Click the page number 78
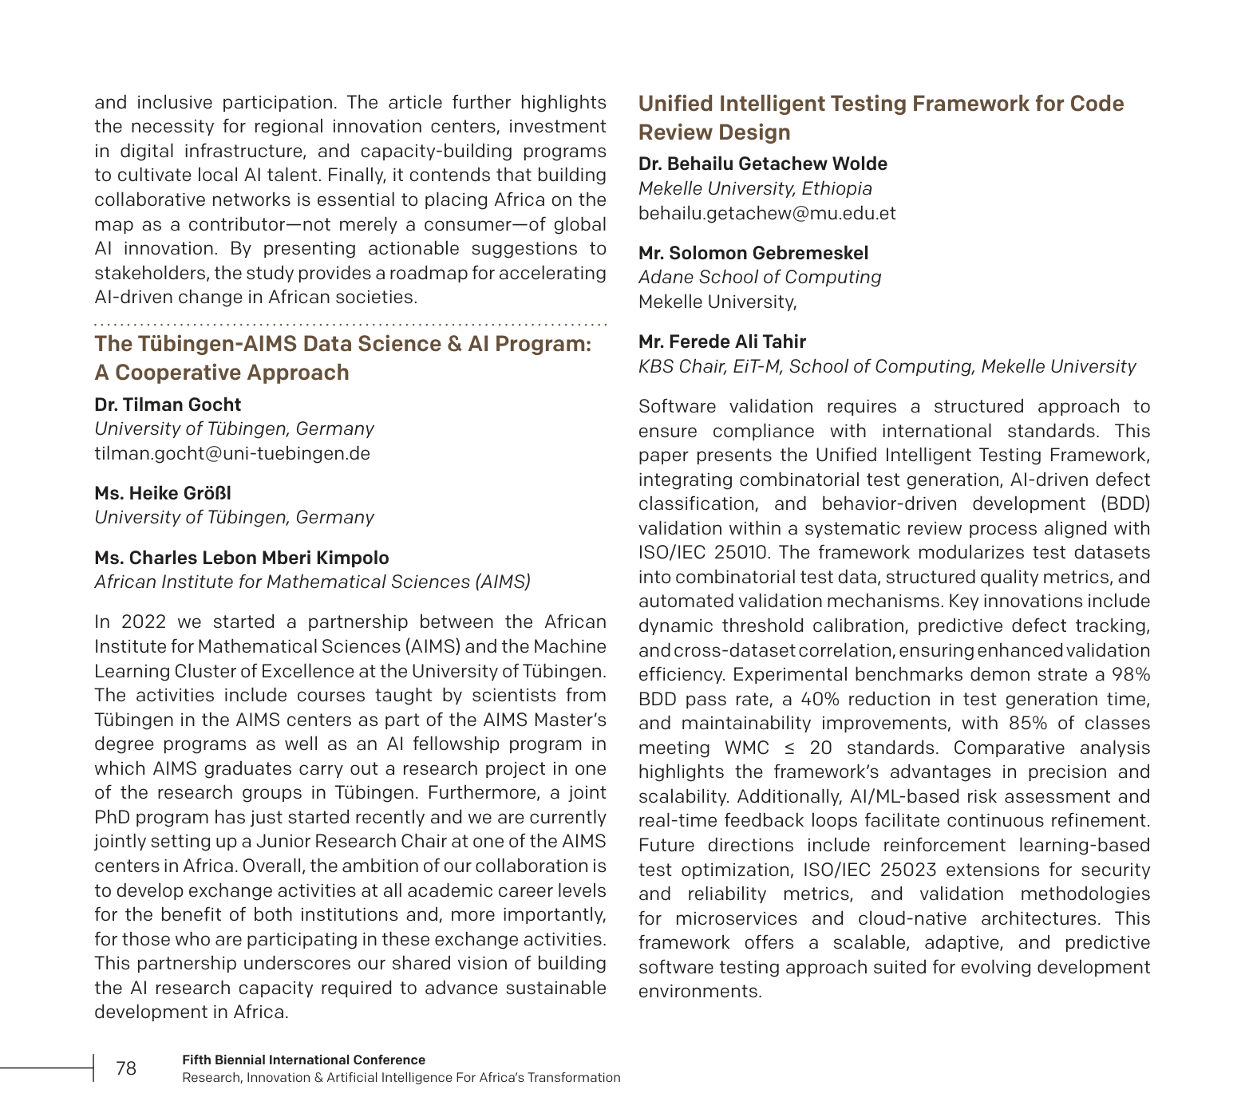pyautogui.click(x=126, y=1068)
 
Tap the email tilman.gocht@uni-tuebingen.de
pyautogui.click(x=232, y=453)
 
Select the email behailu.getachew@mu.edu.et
pyautogui.click(x=767, y=213)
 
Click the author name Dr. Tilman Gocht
pyautogui.click(x=168, y=405)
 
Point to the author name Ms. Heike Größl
pyautogui.click(x=163, y=493)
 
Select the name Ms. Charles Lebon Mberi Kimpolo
pyautogui.click(x=242, y=558)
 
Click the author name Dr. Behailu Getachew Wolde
pyautogui.click(x=762, y=164)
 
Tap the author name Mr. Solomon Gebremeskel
pyautogui.click(x=753, y=253)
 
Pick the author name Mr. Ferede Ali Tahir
pyautogui.click(x=721, y=341)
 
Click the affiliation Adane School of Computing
pyautogui.click(x=759, y=277)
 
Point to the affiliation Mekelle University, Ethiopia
pyautogui.click(x=755, y=188)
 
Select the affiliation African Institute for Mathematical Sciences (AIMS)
pyautogui.click(x=312, y=582)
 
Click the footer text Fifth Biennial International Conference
pyautogui.click(x=303, y=1060)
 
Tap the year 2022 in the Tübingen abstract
pyautogui.click(x=144, y=622)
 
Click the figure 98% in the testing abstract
pyautogui.click(x=1131, y=675)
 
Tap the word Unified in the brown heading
pyautogui.click(x=675, y=104)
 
